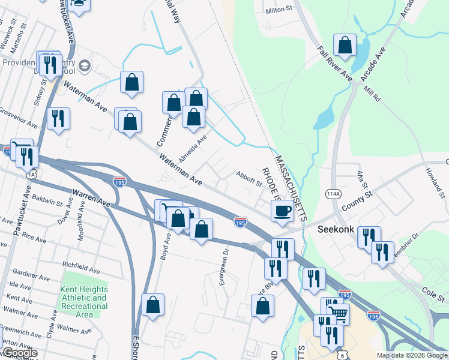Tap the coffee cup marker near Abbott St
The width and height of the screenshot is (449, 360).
(x=282, y=210)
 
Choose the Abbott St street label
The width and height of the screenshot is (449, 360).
(x=249, y=179)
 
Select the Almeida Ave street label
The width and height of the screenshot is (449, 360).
(x=193, y=144)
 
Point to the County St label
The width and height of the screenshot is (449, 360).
(x=357, y=200)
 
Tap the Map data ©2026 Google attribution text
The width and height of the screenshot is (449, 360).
(x=412, y=355)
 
